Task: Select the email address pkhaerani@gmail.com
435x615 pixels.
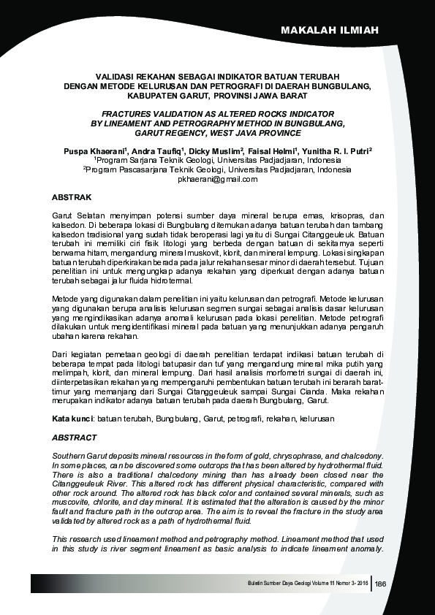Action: tap(218, 179)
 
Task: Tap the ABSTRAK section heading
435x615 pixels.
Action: tap(72, 198)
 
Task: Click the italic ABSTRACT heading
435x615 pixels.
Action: tap(75, 438)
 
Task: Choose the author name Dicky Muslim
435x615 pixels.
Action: tap(218, 150)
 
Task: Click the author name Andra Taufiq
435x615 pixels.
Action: tap(156, 150)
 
